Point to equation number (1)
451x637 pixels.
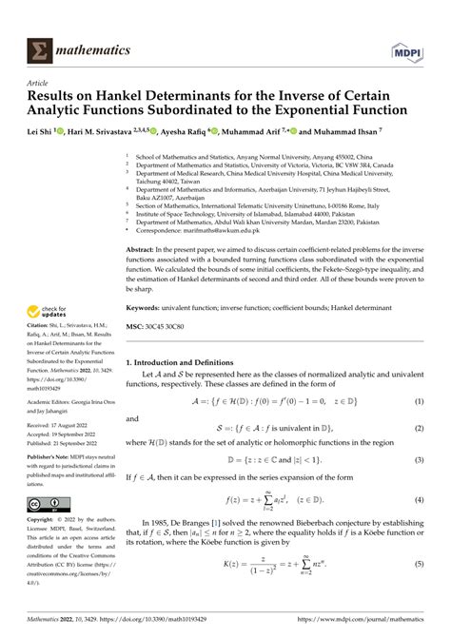418,402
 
